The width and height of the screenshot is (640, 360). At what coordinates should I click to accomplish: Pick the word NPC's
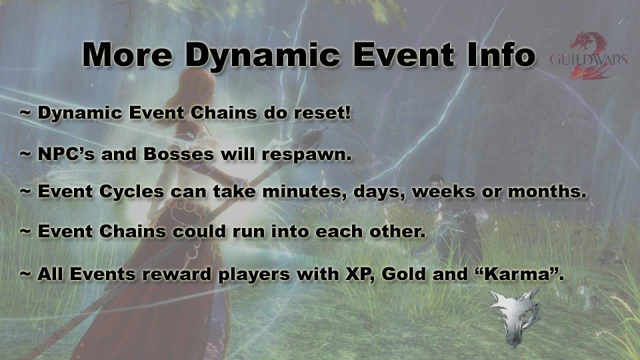65,154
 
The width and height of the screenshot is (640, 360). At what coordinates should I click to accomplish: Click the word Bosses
179,154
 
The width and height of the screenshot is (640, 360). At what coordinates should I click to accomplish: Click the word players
261,274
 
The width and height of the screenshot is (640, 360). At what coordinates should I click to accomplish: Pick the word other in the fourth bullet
395,232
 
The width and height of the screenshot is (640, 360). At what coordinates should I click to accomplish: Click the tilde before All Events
25,274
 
